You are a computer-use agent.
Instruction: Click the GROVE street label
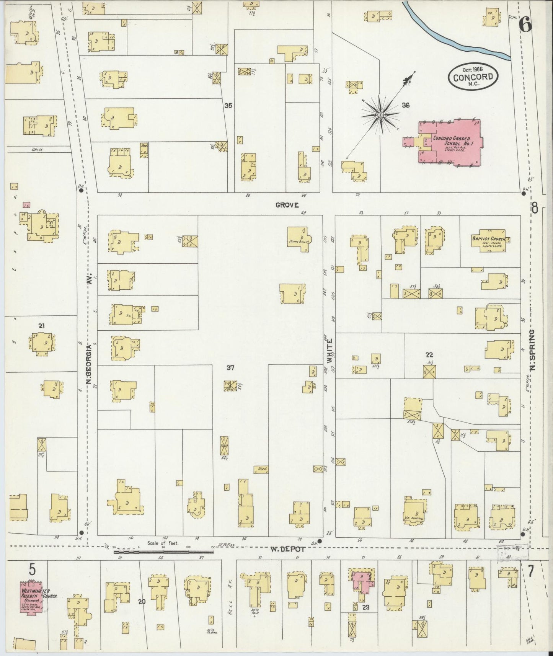(287, 205)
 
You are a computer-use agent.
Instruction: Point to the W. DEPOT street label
(288, 549)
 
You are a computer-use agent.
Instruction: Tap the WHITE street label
(330, 350)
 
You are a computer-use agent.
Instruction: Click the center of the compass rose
(381, 114)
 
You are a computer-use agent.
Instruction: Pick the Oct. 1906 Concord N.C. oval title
(473, 76)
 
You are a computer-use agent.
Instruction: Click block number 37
(230, 368)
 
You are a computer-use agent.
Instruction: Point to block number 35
(228, 105)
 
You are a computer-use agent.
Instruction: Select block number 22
(429, 355)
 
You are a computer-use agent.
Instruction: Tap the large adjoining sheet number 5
(33, 570)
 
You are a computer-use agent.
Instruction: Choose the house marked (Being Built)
(299, 238)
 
